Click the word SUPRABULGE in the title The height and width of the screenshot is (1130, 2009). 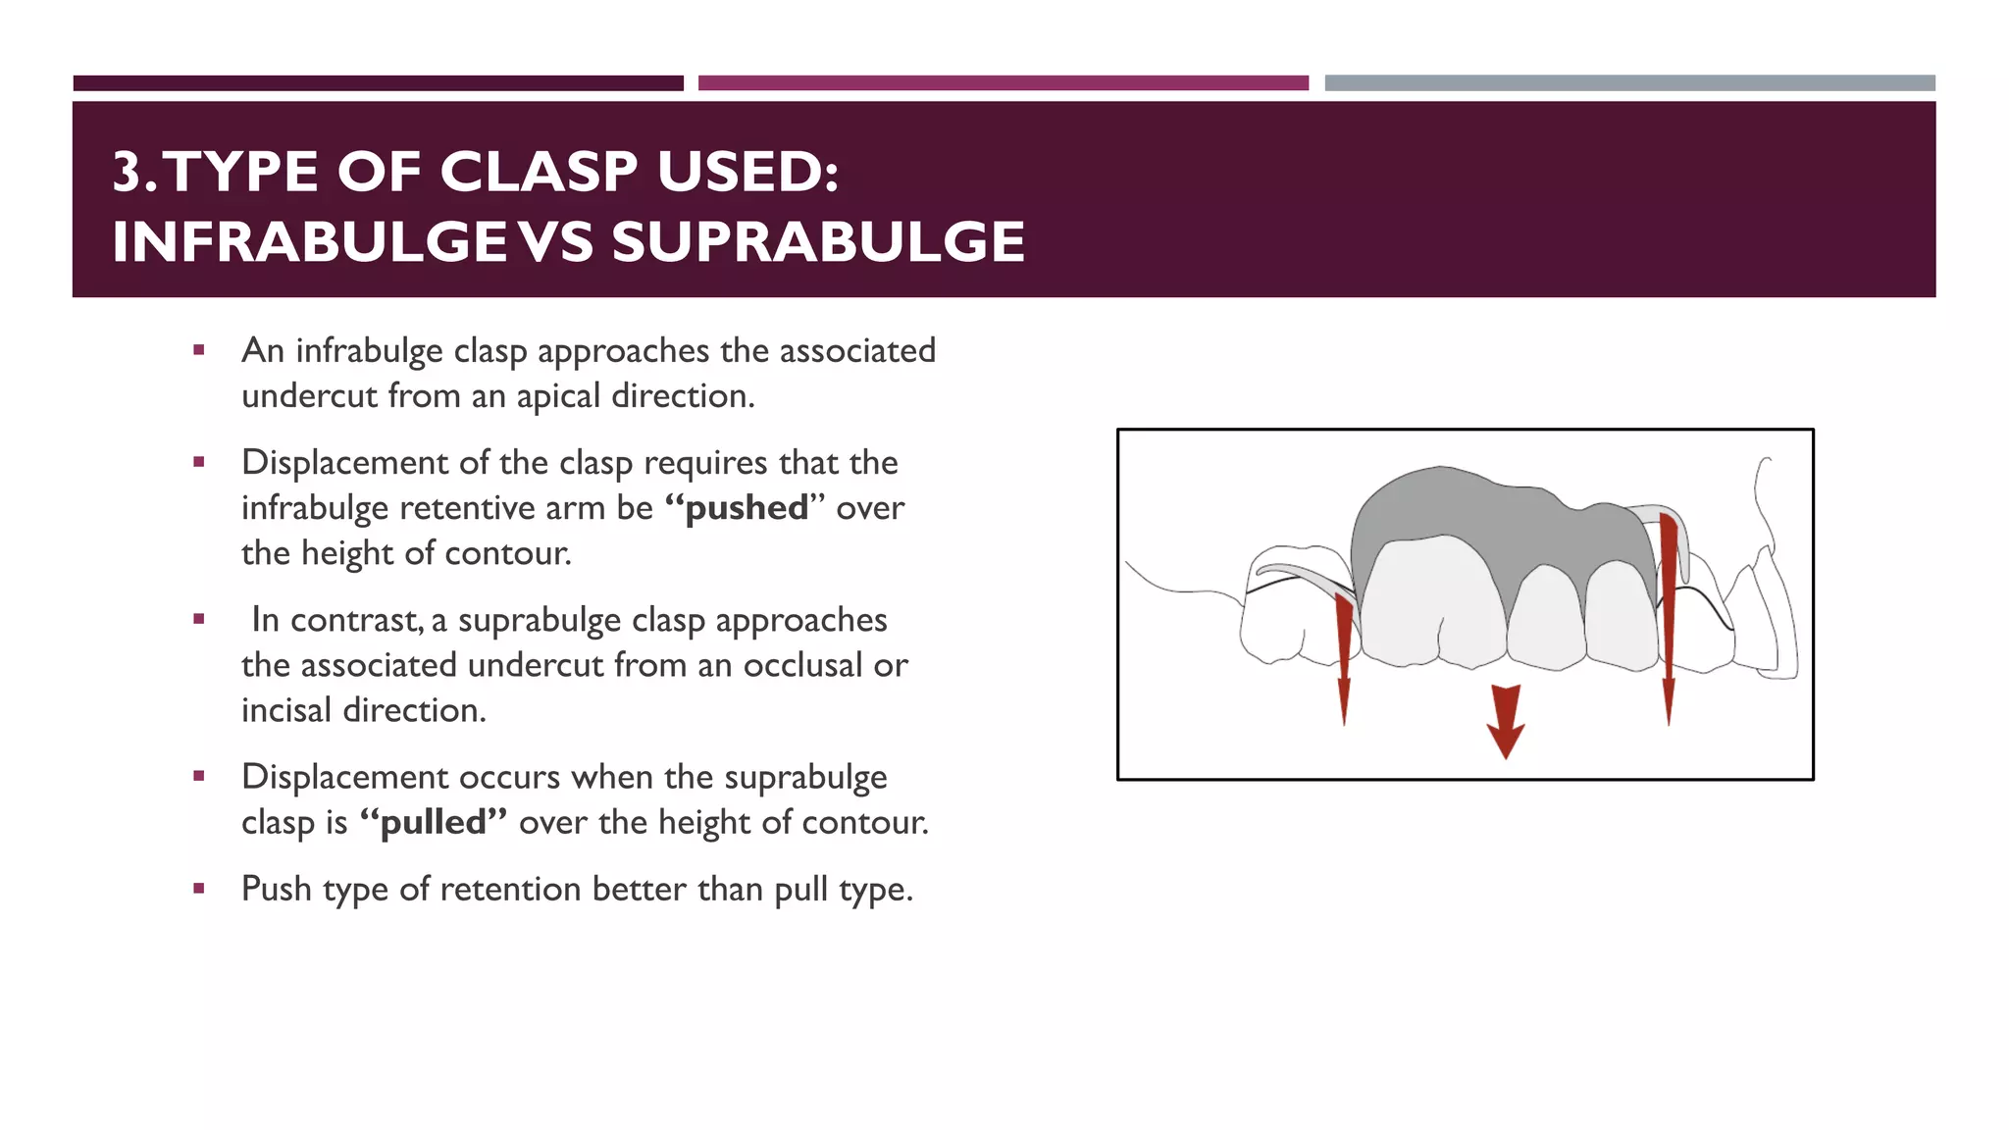coord(818,242)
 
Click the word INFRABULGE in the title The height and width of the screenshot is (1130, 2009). coord(309,242)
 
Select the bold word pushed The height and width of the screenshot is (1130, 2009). coord(746,508)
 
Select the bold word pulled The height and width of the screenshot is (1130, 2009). coord(433,822)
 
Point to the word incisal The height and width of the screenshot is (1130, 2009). coord(285,710)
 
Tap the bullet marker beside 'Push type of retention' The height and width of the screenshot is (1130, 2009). coord(199,889)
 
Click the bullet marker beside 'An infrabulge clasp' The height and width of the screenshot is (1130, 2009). coord(199,350)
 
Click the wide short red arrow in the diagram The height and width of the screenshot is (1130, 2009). coord(1505,720)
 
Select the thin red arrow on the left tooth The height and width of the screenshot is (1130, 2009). coord(1344,657)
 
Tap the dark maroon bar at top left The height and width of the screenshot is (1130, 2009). coord(378,83)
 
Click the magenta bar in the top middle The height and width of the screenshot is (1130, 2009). coord(1003,83)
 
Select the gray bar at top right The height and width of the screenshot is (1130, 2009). coord(1629,83)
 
